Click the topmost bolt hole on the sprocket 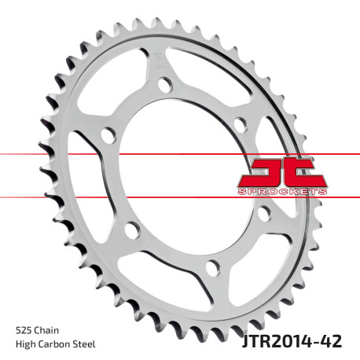point(163,85)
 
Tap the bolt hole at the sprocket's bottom point(211,268)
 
